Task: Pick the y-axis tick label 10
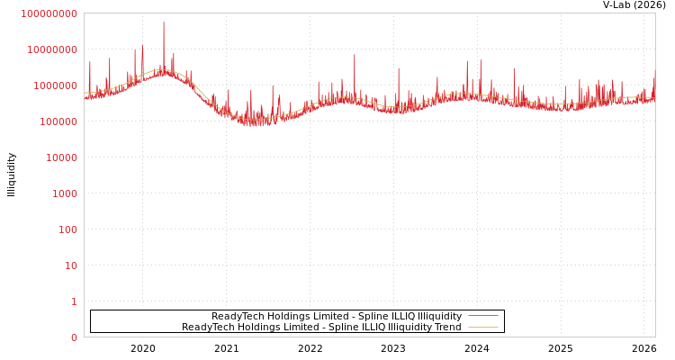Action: pyautogui.click(x=69, y=265)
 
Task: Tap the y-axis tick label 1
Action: pyautogui.click(x=74, y=301)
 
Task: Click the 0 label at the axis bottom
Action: pyautogui.click(x=74, y=337)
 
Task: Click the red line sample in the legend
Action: pyautogui.click(x=483, y=317)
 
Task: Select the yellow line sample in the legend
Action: pyautogui.click(x=483, y=328)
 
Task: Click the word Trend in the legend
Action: pyautogui.click(x=446, y=328)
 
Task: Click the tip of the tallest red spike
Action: pyautogui.click(x=164, y=22)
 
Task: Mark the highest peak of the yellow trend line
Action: pyautogui.click(x=163, y=69)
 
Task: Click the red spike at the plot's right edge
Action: pyautogui.click(x=654, y=71)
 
